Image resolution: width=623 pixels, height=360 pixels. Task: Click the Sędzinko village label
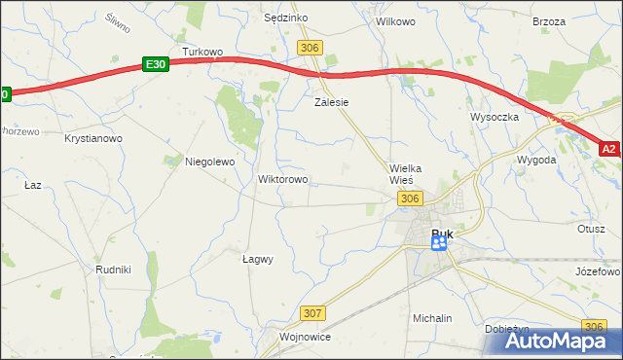coord(286,18)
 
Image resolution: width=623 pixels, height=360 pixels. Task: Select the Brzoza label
coord(549,20)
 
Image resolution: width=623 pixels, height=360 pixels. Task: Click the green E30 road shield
coord(155,64)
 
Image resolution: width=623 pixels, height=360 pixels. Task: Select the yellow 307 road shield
coord(312,312)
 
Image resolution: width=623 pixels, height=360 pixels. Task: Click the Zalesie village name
coord(331,101)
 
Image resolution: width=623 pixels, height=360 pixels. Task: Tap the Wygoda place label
coord(536,159)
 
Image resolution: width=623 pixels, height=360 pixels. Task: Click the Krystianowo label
coord(93,139)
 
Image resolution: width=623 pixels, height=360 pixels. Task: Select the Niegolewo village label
coord(210,162)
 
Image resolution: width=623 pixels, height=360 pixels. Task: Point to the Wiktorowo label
coord(282,180)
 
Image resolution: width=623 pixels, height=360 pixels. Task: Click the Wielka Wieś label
coord(402,173)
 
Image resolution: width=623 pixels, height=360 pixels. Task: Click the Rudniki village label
coord(113,269)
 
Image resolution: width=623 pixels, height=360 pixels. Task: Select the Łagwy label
coord(257,259)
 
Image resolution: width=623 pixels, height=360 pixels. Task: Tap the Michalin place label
coord(432,318)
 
